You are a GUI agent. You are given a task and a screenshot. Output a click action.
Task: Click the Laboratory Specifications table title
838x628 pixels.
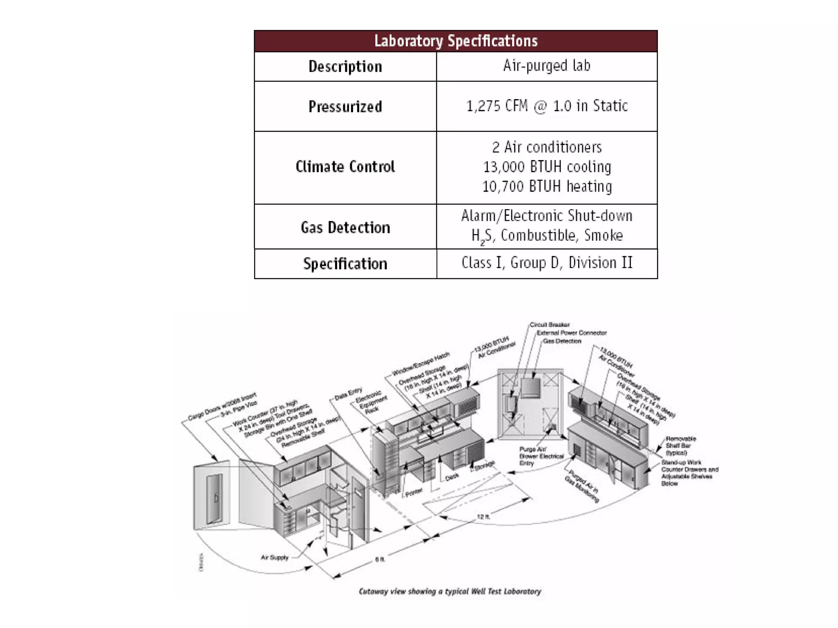tap(456, 41)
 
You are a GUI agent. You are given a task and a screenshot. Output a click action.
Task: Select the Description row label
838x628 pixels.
tap(345, 66)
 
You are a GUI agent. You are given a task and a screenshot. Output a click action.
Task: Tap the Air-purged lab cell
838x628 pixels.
tap(547, 66)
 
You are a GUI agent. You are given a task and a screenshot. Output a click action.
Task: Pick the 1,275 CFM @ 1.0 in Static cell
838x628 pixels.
tap(547, 106)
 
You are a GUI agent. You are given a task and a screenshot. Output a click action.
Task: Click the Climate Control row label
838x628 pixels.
tap(345, 167)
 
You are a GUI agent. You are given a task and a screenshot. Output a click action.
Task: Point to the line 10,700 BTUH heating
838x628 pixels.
tap(547, 187)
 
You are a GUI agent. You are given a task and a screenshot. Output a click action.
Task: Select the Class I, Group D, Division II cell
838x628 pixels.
tap(547, 263)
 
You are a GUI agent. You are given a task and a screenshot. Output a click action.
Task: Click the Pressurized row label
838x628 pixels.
tap(345, 106)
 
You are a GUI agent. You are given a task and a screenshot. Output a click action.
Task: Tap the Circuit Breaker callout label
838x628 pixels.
tap(550, 325)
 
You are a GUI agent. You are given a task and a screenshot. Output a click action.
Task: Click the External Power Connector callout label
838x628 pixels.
tap(572, 333)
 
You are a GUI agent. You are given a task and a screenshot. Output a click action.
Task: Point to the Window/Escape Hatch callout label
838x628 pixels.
tap(421, 364)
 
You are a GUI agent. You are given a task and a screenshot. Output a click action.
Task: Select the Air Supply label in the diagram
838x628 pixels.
tap(275, 557)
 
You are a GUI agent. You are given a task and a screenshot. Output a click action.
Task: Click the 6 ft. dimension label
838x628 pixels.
tap(380, 559)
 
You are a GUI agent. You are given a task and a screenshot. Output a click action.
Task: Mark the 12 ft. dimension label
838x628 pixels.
tap(483, 517)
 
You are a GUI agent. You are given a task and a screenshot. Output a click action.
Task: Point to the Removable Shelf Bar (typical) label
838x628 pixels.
tap(680, 445)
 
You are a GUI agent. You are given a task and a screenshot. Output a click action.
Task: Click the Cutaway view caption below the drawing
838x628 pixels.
tap(450, 591)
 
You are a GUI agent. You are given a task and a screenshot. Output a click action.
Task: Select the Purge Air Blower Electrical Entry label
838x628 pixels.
tap(541, 456)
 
